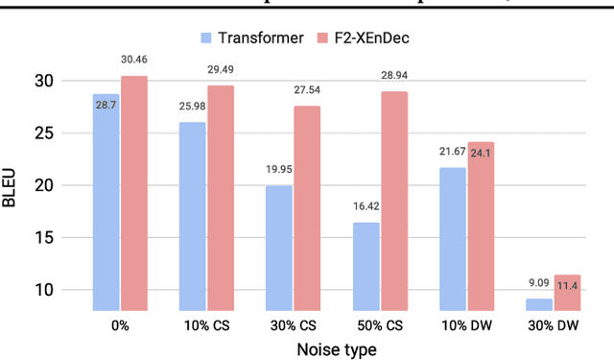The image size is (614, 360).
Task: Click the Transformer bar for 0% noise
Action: (x=106, y=202)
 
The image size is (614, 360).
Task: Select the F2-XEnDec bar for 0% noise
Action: (x=134, y=193)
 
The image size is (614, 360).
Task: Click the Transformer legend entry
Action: (x=251, y=37)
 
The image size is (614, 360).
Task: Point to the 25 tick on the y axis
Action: (x=68, y=132)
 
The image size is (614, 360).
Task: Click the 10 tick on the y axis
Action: (x=68, y=290)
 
